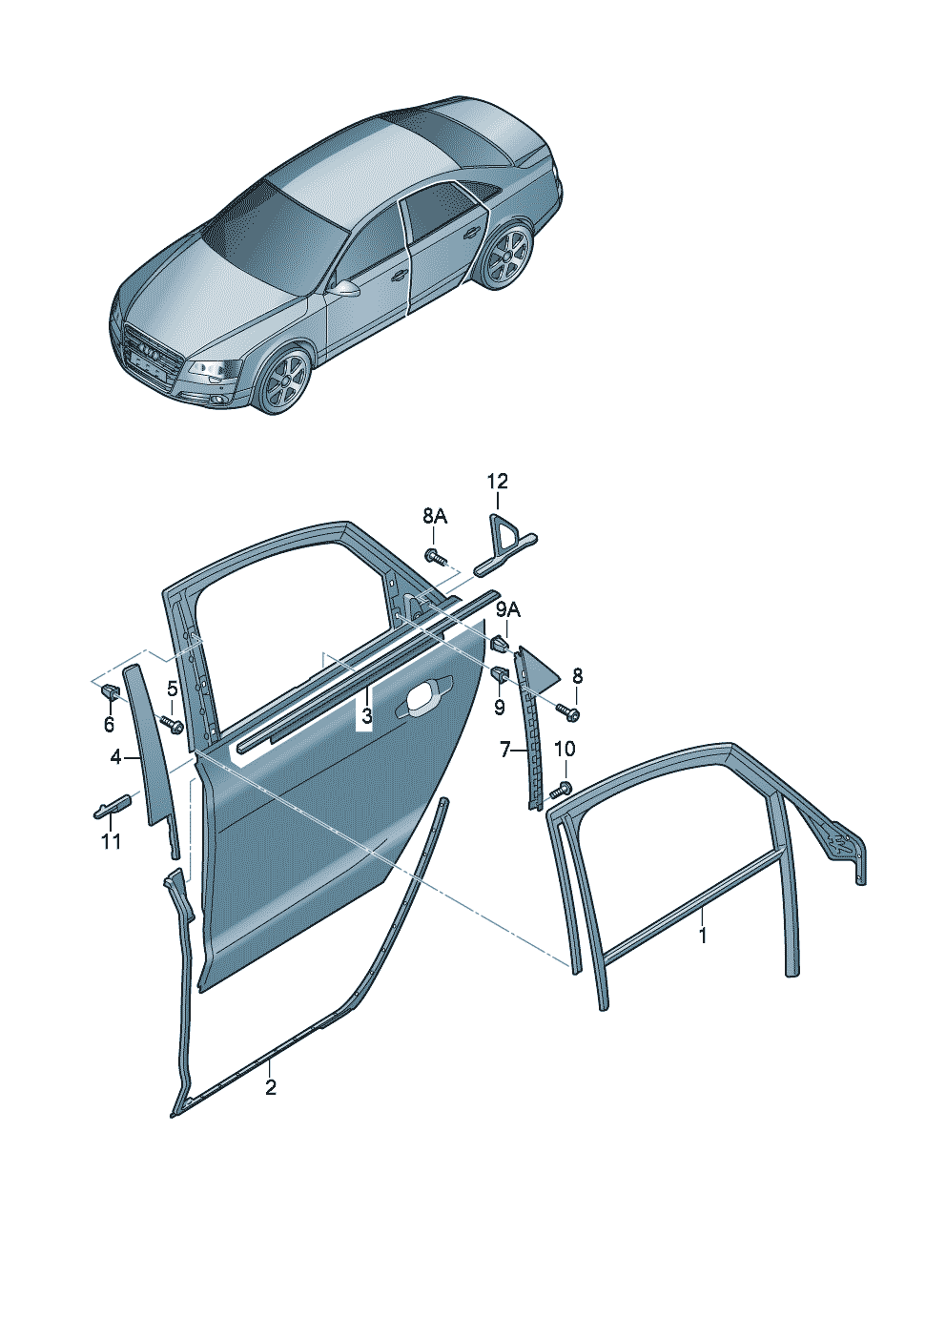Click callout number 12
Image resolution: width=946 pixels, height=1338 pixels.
coord(497,481)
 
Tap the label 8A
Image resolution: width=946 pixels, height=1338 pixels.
coord(436,517)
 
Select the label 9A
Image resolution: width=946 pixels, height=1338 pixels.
coord(508,609)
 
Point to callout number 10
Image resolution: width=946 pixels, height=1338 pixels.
coord(566,748)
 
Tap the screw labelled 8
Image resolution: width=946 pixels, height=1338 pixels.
coord(568,711)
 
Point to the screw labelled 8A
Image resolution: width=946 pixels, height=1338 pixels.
coord(436,557)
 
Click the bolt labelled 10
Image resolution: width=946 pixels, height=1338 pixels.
coord(563,789)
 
